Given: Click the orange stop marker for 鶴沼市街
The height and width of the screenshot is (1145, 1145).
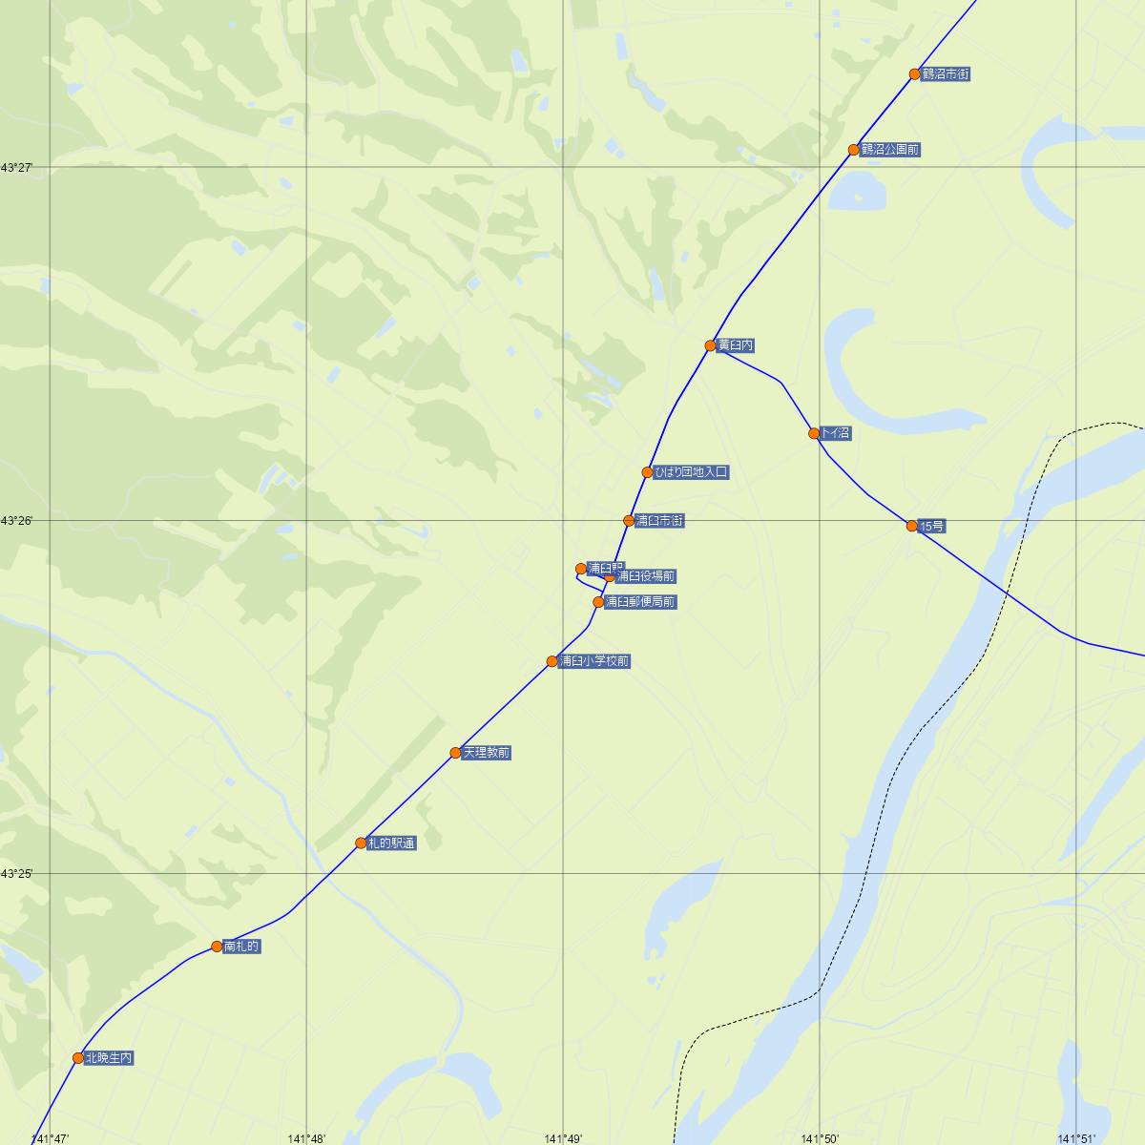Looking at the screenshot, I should point(914,73).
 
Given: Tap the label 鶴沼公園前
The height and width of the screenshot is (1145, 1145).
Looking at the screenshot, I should point(889,150).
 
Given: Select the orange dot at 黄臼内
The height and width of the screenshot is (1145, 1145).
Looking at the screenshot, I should point(710,345).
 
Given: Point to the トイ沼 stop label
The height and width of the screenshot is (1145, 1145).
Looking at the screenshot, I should point(835,433).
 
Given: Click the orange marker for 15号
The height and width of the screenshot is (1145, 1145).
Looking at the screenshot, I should point(912,526).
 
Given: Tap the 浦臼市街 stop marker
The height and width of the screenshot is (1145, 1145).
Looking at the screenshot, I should point(629,521).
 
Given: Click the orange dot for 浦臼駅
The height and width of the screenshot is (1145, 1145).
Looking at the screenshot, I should point(581,569).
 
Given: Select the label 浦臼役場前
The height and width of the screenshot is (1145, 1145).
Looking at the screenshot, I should point(646,576).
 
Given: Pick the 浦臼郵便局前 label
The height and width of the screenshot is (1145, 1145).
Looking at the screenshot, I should point(640,602).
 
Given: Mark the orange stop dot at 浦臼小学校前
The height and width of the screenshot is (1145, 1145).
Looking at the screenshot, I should point(552,661).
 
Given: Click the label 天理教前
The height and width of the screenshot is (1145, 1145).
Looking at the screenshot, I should point(487,753).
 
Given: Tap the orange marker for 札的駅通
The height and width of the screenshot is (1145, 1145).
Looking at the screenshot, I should point(361,843).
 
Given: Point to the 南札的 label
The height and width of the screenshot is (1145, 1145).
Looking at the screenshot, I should point(240,947).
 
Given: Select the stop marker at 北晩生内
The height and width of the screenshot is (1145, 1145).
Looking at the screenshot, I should point(78,1058).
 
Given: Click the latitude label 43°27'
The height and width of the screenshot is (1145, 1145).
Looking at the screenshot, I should point(17,168).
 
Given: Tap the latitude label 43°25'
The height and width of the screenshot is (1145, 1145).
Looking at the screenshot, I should point(17,874).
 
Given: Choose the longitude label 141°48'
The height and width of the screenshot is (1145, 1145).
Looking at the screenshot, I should point(307,1138).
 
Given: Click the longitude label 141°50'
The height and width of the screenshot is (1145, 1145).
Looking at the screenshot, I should point(820,1138).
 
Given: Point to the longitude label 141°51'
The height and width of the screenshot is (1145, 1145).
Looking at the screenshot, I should point(1076,1138).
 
